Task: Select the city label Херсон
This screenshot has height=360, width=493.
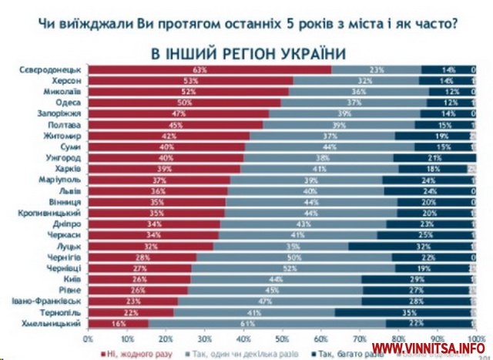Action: coord(66,80)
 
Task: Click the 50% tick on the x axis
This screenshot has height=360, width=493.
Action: coord(282,338)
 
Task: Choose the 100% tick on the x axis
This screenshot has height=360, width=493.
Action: coord(475,338)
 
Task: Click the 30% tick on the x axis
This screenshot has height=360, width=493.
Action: coord(204,338)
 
